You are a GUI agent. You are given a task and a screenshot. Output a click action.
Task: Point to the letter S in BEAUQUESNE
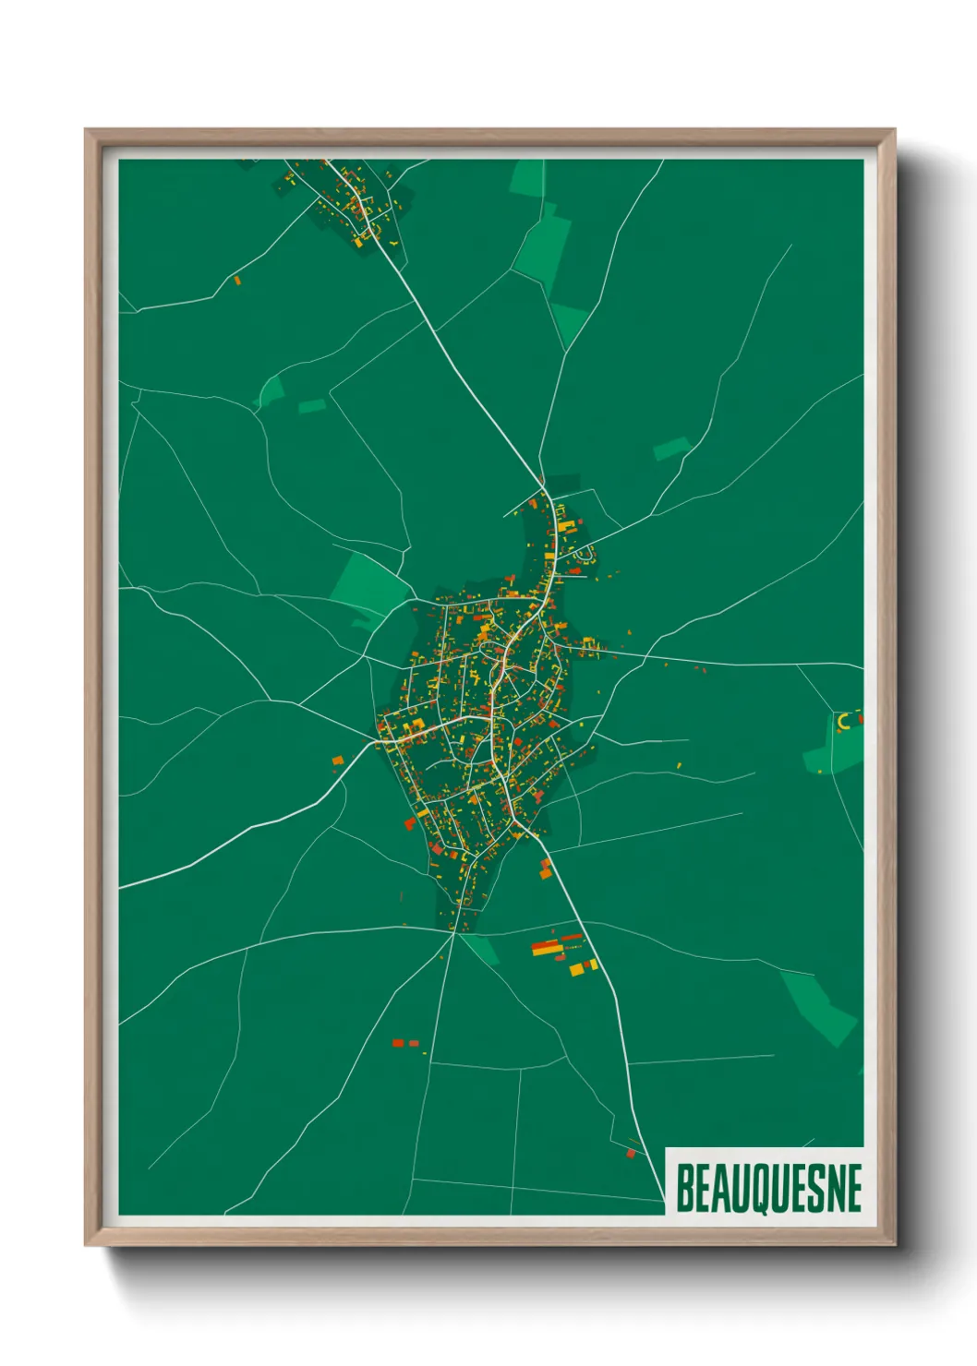(810, 1189)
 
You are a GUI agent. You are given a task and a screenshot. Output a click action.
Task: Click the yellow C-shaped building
(842, 722)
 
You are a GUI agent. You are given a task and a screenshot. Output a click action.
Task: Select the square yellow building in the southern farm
(577, 969)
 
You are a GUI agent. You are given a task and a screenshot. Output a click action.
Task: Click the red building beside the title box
(632, 1153)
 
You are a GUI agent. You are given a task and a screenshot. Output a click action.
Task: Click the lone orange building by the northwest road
(236, 279)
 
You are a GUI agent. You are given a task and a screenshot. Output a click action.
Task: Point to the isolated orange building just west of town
(338, 761)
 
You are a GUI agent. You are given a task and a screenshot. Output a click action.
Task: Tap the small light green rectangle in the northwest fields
(312, 406)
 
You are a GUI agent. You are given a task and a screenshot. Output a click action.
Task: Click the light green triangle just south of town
(483, 948)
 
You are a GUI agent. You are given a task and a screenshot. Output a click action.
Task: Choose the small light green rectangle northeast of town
(671, 449)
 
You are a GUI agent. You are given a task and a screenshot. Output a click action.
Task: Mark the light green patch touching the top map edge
(528, 176)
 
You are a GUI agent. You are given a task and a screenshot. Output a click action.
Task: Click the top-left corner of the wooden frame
(86, 130)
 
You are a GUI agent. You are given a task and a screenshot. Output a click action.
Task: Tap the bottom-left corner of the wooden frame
(86, 1245)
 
